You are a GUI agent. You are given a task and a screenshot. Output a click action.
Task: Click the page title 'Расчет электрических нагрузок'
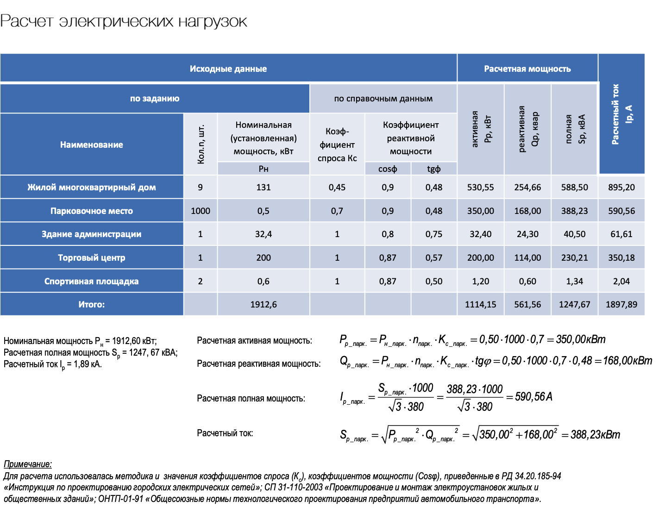(124, 21)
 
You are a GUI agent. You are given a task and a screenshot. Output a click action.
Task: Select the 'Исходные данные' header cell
(228, 69)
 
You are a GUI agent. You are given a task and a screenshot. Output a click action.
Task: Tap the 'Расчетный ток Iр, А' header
(621, 114)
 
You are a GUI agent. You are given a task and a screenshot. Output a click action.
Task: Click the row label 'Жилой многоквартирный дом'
(92, 188)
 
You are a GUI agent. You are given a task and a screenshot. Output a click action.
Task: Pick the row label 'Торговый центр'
(92, 258)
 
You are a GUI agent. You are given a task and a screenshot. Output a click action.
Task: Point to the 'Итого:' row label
(92, 305)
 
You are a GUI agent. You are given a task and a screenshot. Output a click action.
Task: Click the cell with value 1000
(200, 211)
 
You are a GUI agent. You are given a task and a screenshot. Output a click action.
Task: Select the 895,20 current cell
(621, 188)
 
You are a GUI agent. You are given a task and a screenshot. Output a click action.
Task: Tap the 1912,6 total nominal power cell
(263, 305)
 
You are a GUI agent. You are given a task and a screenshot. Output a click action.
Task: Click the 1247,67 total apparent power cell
(574, 305)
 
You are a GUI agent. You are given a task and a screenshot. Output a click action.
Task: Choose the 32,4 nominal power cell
(263, 234)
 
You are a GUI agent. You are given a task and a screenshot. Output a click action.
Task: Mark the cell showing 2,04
(621, 282)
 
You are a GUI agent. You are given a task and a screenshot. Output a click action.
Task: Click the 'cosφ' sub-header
(388, 169)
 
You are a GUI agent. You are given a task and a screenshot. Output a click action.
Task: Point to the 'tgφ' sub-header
(433, 169)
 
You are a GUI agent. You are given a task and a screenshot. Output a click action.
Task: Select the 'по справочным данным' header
(383, 99)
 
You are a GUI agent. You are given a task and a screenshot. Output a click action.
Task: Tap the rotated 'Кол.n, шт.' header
(201, 144)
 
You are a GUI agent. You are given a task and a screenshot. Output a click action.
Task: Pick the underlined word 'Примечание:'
(28, 464)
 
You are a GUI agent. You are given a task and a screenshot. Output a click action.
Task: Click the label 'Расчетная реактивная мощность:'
(258, 364)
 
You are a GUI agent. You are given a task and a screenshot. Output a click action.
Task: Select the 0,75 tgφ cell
(433, 234)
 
